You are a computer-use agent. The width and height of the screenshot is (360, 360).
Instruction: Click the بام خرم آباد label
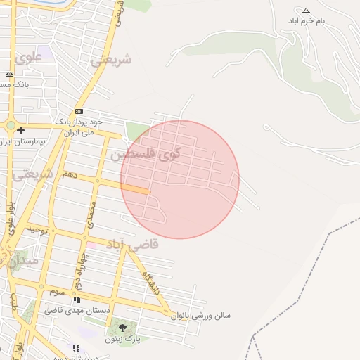307,21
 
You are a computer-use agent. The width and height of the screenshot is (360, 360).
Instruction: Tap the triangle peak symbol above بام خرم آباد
306,11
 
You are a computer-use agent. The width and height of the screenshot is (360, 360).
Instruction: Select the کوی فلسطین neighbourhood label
145,154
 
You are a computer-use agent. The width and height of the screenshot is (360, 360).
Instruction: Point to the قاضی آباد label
133,244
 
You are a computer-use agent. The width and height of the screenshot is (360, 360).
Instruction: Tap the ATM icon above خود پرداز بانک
79,111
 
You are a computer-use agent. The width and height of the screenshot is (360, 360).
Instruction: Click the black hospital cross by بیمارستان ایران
21,130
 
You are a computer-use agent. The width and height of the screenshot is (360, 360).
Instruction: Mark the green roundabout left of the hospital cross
10,126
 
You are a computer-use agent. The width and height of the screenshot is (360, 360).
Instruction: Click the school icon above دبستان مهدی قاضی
76,300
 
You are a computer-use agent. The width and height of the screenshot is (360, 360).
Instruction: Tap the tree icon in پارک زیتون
122,327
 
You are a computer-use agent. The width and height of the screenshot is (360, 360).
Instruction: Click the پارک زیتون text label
124,339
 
